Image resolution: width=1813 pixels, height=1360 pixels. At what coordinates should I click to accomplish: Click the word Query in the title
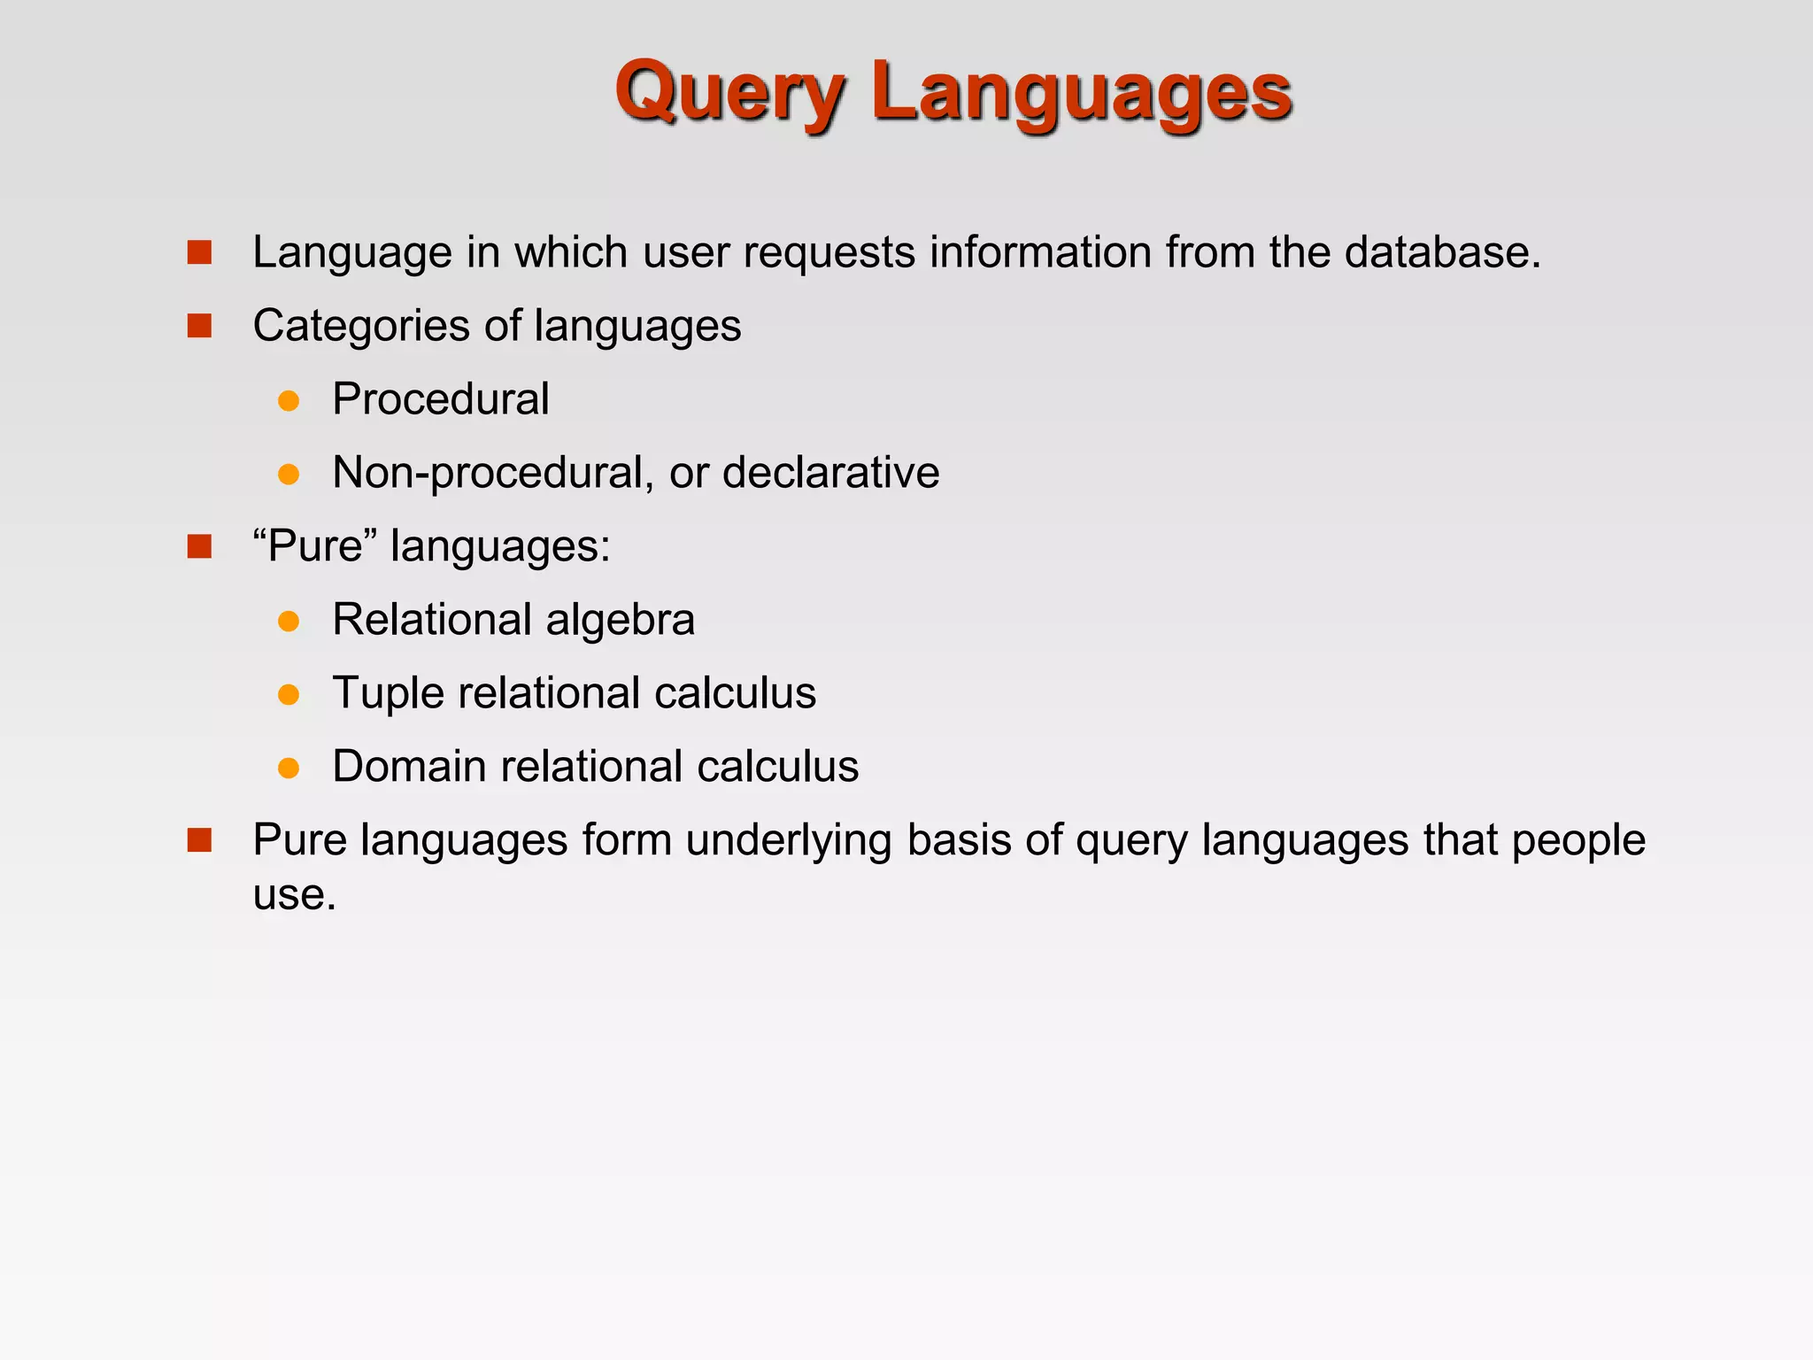pyautogui.click(x=730, y=93)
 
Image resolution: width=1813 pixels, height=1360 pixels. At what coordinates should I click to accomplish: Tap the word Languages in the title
pyautogui.click(x=1081, y=93)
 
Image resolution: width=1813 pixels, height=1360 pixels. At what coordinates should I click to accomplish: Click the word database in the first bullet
pyautogui.click(x=1442, y=252)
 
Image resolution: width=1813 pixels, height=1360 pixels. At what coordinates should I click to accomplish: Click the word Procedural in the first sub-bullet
pyautogui.click(x=441, y=399)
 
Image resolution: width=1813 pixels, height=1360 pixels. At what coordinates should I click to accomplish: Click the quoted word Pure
pyautogui.click(x=315, y=545)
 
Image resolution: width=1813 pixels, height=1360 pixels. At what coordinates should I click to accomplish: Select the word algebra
pyautogui.click(x=620, y=620)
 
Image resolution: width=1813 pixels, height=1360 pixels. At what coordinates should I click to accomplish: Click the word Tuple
pyautogui.click(x=387, y=693)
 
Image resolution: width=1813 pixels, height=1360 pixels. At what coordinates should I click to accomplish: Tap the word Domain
pyautogui.click(x=408, y=766)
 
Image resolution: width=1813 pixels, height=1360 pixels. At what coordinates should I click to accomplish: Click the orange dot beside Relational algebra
pyautogui.click(x=289, y=622)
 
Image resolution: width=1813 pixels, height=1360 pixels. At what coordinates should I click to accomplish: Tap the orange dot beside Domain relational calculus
pyautogui.click(x=289, y=768)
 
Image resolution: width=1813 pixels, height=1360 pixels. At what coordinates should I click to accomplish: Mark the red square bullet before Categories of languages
pyautogui.click(x=200, y=327)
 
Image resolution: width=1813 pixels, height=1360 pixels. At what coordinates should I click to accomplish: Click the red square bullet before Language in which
pyautogui.click(x=200, y=253)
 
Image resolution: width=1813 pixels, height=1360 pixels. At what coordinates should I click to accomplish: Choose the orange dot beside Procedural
pyautogui.click(x=289, y=401)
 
